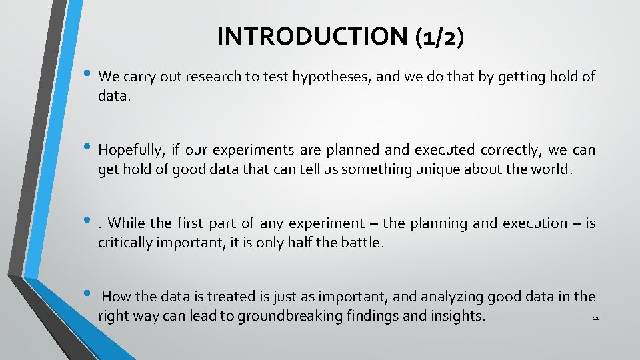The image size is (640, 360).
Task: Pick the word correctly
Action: click(x=505, y=151)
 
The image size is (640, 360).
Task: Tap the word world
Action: click(x=551, y=169)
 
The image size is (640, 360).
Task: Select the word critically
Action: click(x=127, y=243)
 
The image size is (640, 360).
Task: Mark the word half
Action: click(x=303, y=243)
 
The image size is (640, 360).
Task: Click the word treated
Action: click(x=223, y=296)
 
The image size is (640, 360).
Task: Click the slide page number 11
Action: click(x=596, y=319)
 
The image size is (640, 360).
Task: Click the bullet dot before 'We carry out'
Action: click(x=89, y=75)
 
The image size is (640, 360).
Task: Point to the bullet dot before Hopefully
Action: click(x=89, y=149)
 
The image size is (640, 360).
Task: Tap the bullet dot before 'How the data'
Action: click(x=89, y=294)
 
